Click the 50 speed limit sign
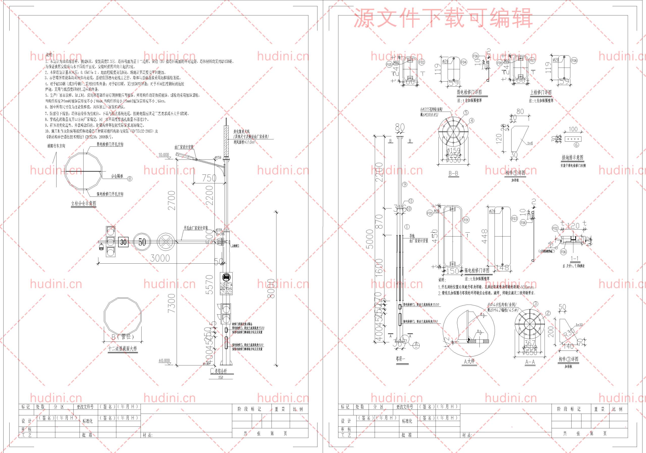142,242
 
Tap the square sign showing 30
123,242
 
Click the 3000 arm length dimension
160,258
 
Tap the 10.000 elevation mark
164,155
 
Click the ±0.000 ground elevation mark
164,360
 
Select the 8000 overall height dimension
271,289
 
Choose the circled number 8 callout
130,179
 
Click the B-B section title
453,173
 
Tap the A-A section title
530,362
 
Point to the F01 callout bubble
466,220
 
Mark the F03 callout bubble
514,218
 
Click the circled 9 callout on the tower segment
405,184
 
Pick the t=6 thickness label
530,143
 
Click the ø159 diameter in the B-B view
453,150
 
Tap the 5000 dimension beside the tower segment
370,239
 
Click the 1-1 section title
574,259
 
